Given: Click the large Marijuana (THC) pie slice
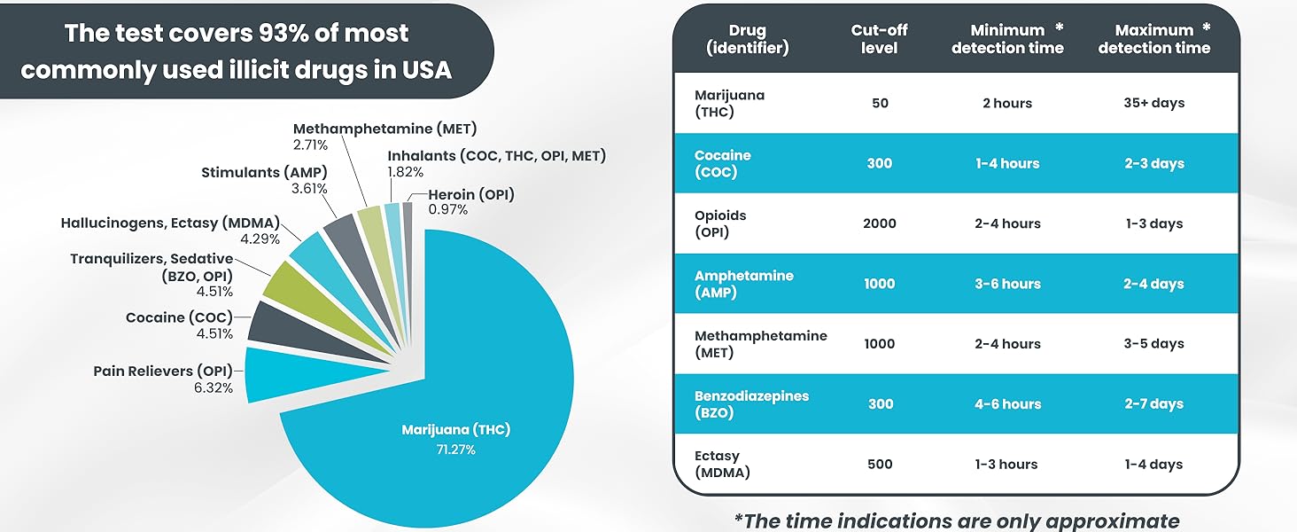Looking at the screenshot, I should [496, 372].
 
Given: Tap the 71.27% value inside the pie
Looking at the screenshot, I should [455, 450].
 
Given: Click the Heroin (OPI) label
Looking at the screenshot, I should [470, 195].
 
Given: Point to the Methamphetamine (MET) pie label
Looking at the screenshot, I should [384, 129].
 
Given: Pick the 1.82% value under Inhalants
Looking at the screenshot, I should [405, 171].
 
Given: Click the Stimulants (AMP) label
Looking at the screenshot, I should [265, 172].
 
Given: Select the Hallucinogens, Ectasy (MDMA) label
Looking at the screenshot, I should [170, 223].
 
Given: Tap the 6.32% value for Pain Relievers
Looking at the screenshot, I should [214, 387].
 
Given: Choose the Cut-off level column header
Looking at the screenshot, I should [879, 39].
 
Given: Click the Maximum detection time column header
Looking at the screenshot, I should [1153, 39].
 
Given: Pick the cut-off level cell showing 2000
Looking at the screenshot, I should [879, 223].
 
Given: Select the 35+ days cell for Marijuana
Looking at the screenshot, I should [1153, 103].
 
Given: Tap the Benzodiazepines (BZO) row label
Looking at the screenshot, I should [751, 404].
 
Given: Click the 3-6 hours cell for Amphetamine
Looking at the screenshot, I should [1007, 284].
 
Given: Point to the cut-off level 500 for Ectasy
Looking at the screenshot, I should [879, 464].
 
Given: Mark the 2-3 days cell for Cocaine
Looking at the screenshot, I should [1153, 163].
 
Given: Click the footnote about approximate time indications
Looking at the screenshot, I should [957, 520].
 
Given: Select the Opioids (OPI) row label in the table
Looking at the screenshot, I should [721, 223].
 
